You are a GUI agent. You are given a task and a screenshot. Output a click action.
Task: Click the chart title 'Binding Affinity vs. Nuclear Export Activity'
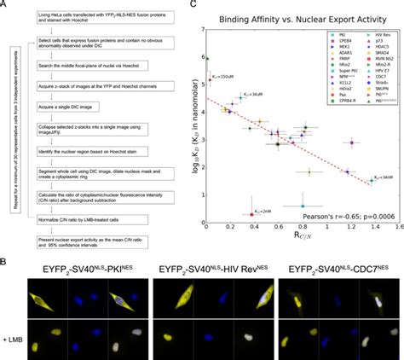pos(290,20)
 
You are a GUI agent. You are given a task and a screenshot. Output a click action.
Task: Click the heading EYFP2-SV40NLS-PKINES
pos(73,271)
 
